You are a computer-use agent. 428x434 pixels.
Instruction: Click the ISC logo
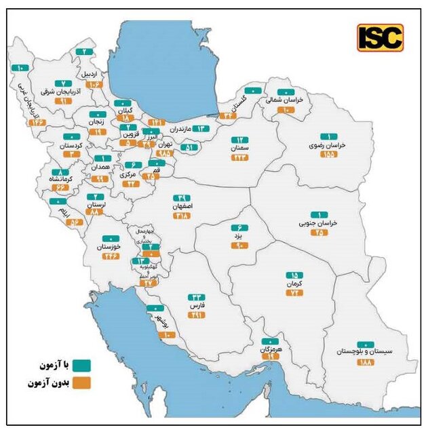[380, 38]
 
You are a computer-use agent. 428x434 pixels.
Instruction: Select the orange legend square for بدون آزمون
[81, 382]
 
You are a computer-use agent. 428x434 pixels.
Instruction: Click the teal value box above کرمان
[290, 275]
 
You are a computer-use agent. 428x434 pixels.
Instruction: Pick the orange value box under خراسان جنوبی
[318, 232]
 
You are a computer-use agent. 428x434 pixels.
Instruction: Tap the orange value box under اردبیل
[94, 84]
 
